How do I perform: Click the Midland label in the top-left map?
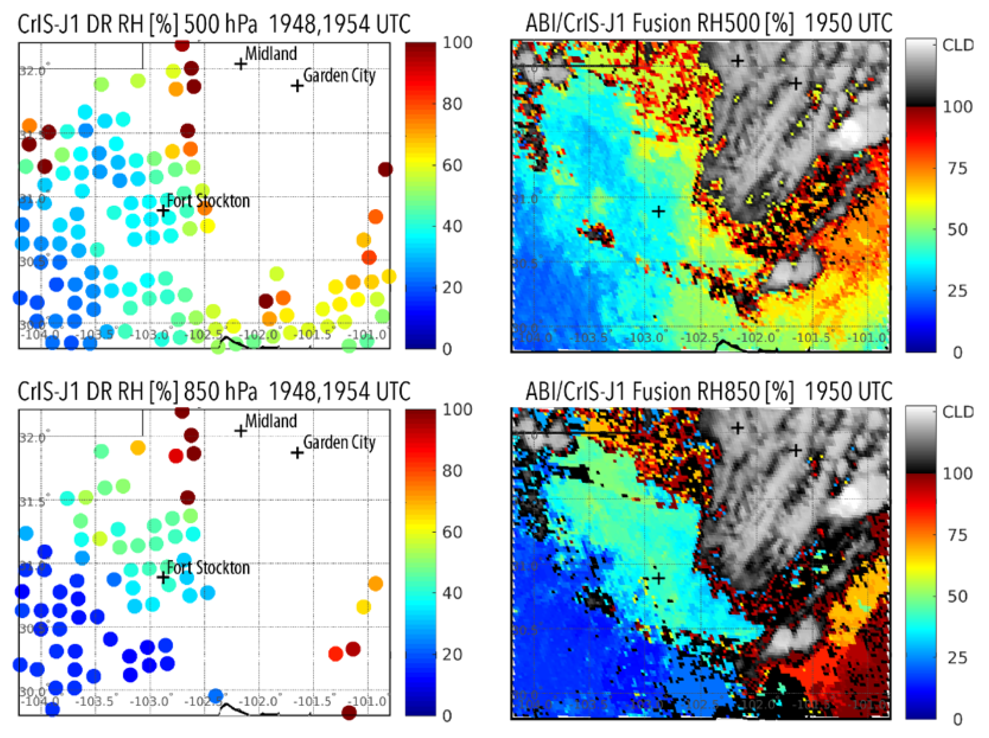pyautogui.click(x=271, y=54)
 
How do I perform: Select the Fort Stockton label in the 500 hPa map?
pyautogui.click(x=208, y=201)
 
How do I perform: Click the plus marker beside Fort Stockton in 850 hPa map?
pyautogui.click(x=164, y=578)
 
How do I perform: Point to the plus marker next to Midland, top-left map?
pyautogui.click(x=241, y=64)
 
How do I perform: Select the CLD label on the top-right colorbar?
pyautogui.click(x=958, y=45)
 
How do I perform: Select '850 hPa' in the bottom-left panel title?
pyautogui.click(x=221, y=391)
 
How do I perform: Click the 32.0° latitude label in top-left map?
pyautogui.click(x=32, y=71)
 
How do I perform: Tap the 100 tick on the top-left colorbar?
pyautogui.click(x=457, y=43)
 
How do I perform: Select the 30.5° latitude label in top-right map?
pyautogui.click(x=526, y=263)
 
